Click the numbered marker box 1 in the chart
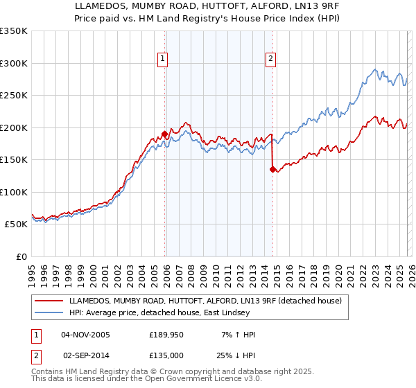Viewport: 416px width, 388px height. pos(162,59)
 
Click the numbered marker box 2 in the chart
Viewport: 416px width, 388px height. pos(270,59)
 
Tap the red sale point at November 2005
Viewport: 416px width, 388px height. pos(164,134)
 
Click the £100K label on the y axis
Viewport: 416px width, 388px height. pos(14,192)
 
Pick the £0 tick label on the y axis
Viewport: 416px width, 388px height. pos(21,256)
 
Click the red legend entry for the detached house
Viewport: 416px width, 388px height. pos(205,301)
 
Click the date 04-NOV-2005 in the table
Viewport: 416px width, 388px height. pos(85,335)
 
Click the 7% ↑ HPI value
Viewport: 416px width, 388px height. pos(238,335)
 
